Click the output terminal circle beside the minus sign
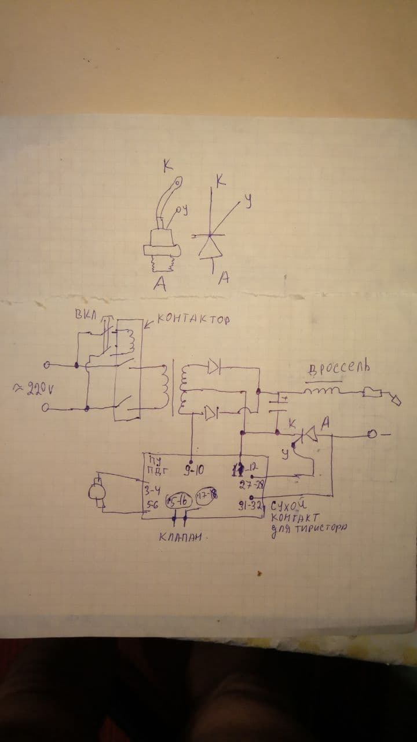click(x=372, y=434)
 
